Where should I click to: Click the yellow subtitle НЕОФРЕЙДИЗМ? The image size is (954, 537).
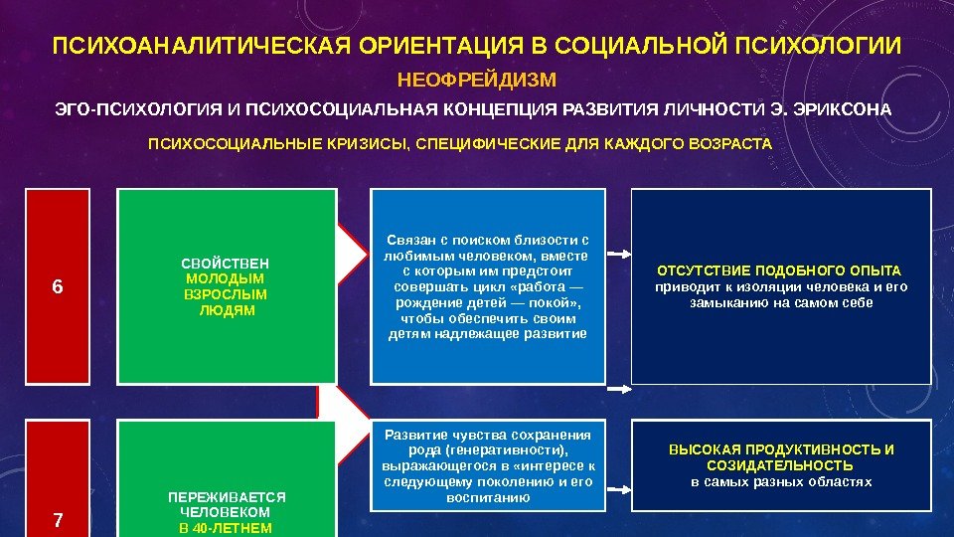(477, 79)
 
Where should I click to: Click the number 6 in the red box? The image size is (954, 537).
(57, 287)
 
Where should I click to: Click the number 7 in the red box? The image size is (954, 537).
(57, 519)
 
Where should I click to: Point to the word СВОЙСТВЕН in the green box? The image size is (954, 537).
(226, 264)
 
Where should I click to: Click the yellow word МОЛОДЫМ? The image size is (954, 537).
(226, 279)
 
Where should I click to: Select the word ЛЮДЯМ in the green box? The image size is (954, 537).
(227, 311)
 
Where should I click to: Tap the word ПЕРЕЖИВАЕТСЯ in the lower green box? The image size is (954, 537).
(227, 496)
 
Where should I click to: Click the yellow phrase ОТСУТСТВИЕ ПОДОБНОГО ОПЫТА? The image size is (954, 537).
(780, 270)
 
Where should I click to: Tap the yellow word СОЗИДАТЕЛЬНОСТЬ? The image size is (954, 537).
(780, 465)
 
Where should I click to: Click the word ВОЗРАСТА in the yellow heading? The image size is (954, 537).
(736, 144)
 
